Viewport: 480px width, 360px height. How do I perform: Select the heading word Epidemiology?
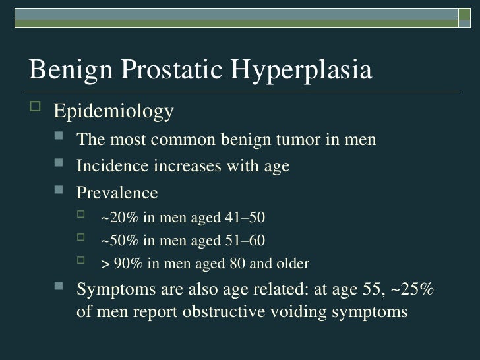coord(113,111)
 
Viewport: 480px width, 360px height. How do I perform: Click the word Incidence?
coord(112,166)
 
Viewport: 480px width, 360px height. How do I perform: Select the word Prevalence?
coord(117,193)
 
